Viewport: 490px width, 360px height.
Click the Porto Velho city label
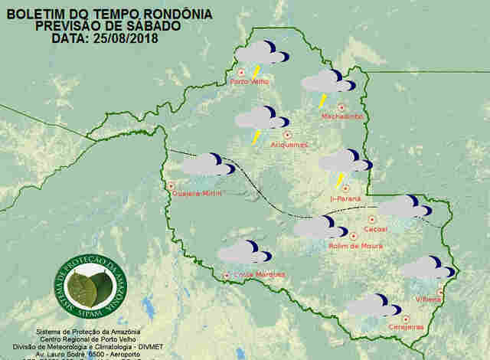tap(248, 80)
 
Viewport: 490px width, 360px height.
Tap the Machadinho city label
tap(342, 116)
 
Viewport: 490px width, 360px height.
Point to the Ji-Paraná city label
tap(345, 198)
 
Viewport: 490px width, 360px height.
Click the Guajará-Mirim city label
tap(197, 195)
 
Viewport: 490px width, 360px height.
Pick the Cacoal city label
tap(376, 229)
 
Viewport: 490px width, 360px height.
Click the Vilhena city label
tap(428, 299)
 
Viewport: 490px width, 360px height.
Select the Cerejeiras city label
tap(407, 327)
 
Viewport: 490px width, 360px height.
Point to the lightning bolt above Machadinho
tap(323, 100)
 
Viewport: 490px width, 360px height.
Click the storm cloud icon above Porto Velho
tap(262, 54)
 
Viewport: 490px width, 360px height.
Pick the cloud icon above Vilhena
tap(426, 267)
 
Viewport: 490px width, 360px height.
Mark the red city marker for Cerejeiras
tap(406, 318)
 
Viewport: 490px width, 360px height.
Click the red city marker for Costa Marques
tap(226, 276)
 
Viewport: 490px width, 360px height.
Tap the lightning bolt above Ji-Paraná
tap(340, 180)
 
